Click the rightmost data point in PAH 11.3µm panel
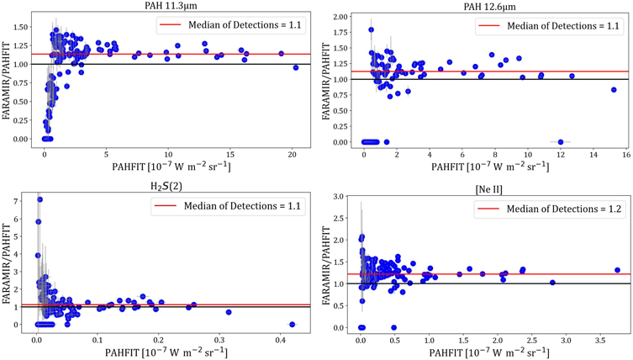tap(296, 67)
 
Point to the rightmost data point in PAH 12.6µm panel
tap(614, 89)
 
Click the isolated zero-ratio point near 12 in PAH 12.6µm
tap(561, 141)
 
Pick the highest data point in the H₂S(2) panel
tap(40, 199)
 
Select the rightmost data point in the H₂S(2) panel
tap(292, 324)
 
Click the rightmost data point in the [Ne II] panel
tap(617, 270)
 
